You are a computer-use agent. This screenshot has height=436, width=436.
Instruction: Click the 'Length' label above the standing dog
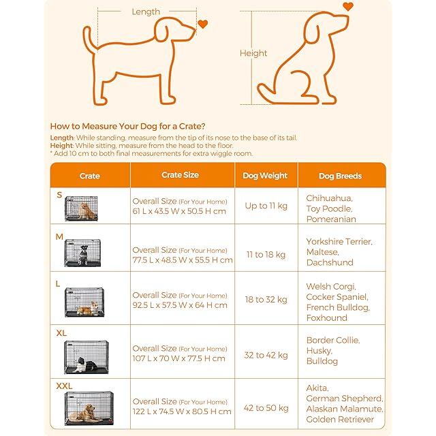[x=146, y=12]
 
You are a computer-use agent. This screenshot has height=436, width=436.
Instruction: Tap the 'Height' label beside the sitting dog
[x=253, y=53]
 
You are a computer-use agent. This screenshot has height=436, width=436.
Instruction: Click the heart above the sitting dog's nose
[x=348, y=6]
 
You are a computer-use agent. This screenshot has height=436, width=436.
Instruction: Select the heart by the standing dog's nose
[x=203, y=24]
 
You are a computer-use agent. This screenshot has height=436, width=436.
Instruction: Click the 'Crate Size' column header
[x=180, y=175]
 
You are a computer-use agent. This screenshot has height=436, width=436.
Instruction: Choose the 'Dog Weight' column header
[x=265, y=176]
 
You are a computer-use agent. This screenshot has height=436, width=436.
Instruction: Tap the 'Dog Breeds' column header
[x=341, y=176]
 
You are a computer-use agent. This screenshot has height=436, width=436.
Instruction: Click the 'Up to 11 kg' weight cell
[x=266, y=206]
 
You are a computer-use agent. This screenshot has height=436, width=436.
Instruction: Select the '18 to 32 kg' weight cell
[x=266, y=300]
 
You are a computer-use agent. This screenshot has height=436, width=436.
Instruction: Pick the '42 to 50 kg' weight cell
[x=266, y=408]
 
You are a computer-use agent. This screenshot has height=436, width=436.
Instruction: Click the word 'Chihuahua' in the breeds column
[x=329, y=198]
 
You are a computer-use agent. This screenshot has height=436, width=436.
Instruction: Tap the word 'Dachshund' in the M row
[x=330, y=262]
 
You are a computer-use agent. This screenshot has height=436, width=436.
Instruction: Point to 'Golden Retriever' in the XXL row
[x=340, y=420]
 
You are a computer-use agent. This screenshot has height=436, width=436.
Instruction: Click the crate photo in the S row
[x=81, y=208]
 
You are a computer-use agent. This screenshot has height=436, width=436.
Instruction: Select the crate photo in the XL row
[x=87, y=357]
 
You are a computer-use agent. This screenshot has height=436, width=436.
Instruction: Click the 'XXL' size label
[x=64, y=386]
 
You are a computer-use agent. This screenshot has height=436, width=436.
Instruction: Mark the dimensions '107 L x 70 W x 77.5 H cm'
[x=178, y=358]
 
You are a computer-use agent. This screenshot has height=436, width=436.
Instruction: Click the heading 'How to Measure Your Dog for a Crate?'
[x=127, y=126]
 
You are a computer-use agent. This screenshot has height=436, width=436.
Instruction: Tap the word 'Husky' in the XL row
[x=320, y=351]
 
